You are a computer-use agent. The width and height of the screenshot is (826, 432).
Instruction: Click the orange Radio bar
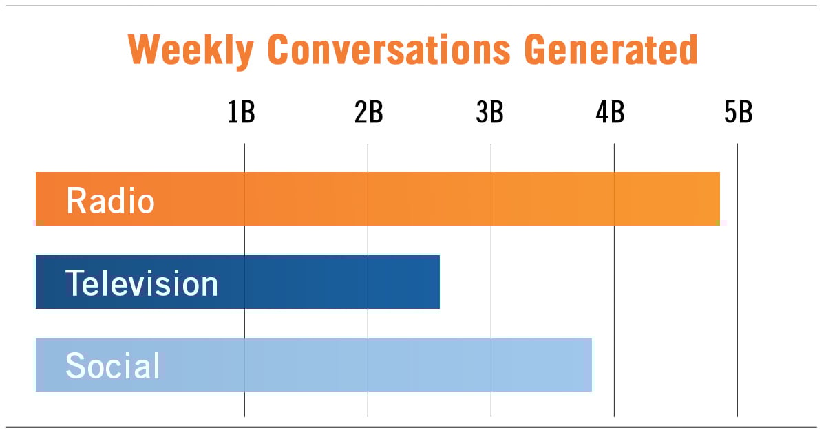point(413,199)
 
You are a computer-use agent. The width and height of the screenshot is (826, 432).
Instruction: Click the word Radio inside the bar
point(110,201)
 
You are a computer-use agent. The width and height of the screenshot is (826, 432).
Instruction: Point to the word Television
point(141,283)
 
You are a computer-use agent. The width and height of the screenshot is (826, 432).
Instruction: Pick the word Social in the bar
point(112,366)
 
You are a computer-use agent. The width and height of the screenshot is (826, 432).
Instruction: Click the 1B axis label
point(242,113)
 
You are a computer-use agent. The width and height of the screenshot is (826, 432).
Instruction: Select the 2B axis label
point(368,113)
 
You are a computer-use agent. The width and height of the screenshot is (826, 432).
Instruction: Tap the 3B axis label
point(489,113)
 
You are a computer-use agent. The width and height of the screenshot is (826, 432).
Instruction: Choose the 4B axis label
point(610,113)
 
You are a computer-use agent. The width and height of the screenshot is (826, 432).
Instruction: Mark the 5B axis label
point(738,113)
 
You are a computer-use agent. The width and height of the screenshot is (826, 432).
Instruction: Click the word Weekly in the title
point(190,50)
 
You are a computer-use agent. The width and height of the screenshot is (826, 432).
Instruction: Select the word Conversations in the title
point(389,50)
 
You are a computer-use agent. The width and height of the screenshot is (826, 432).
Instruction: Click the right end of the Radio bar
point(718,199)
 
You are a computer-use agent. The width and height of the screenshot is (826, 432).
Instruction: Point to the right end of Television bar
point(438,282)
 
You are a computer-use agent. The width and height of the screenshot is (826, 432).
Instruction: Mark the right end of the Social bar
point(590,365)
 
